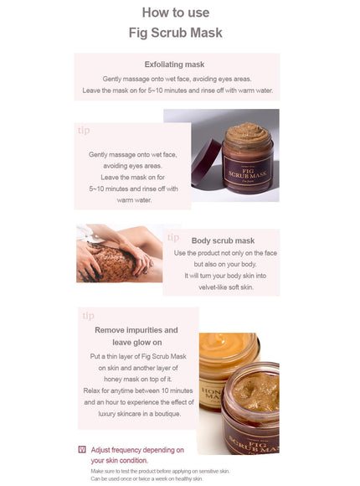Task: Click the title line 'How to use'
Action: (175, 13)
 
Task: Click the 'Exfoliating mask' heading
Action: (175, 64)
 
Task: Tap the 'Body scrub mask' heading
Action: (223, 240)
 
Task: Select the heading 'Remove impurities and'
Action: (136, 330)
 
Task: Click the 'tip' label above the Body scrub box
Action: (173, 237)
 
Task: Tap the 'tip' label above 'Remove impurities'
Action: (89, 316)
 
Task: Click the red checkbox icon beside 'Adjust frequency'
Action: (82, 450)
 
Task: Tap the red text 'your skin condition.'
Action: (120, 460)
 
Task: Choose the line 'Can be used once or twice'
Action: (147, 479)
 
